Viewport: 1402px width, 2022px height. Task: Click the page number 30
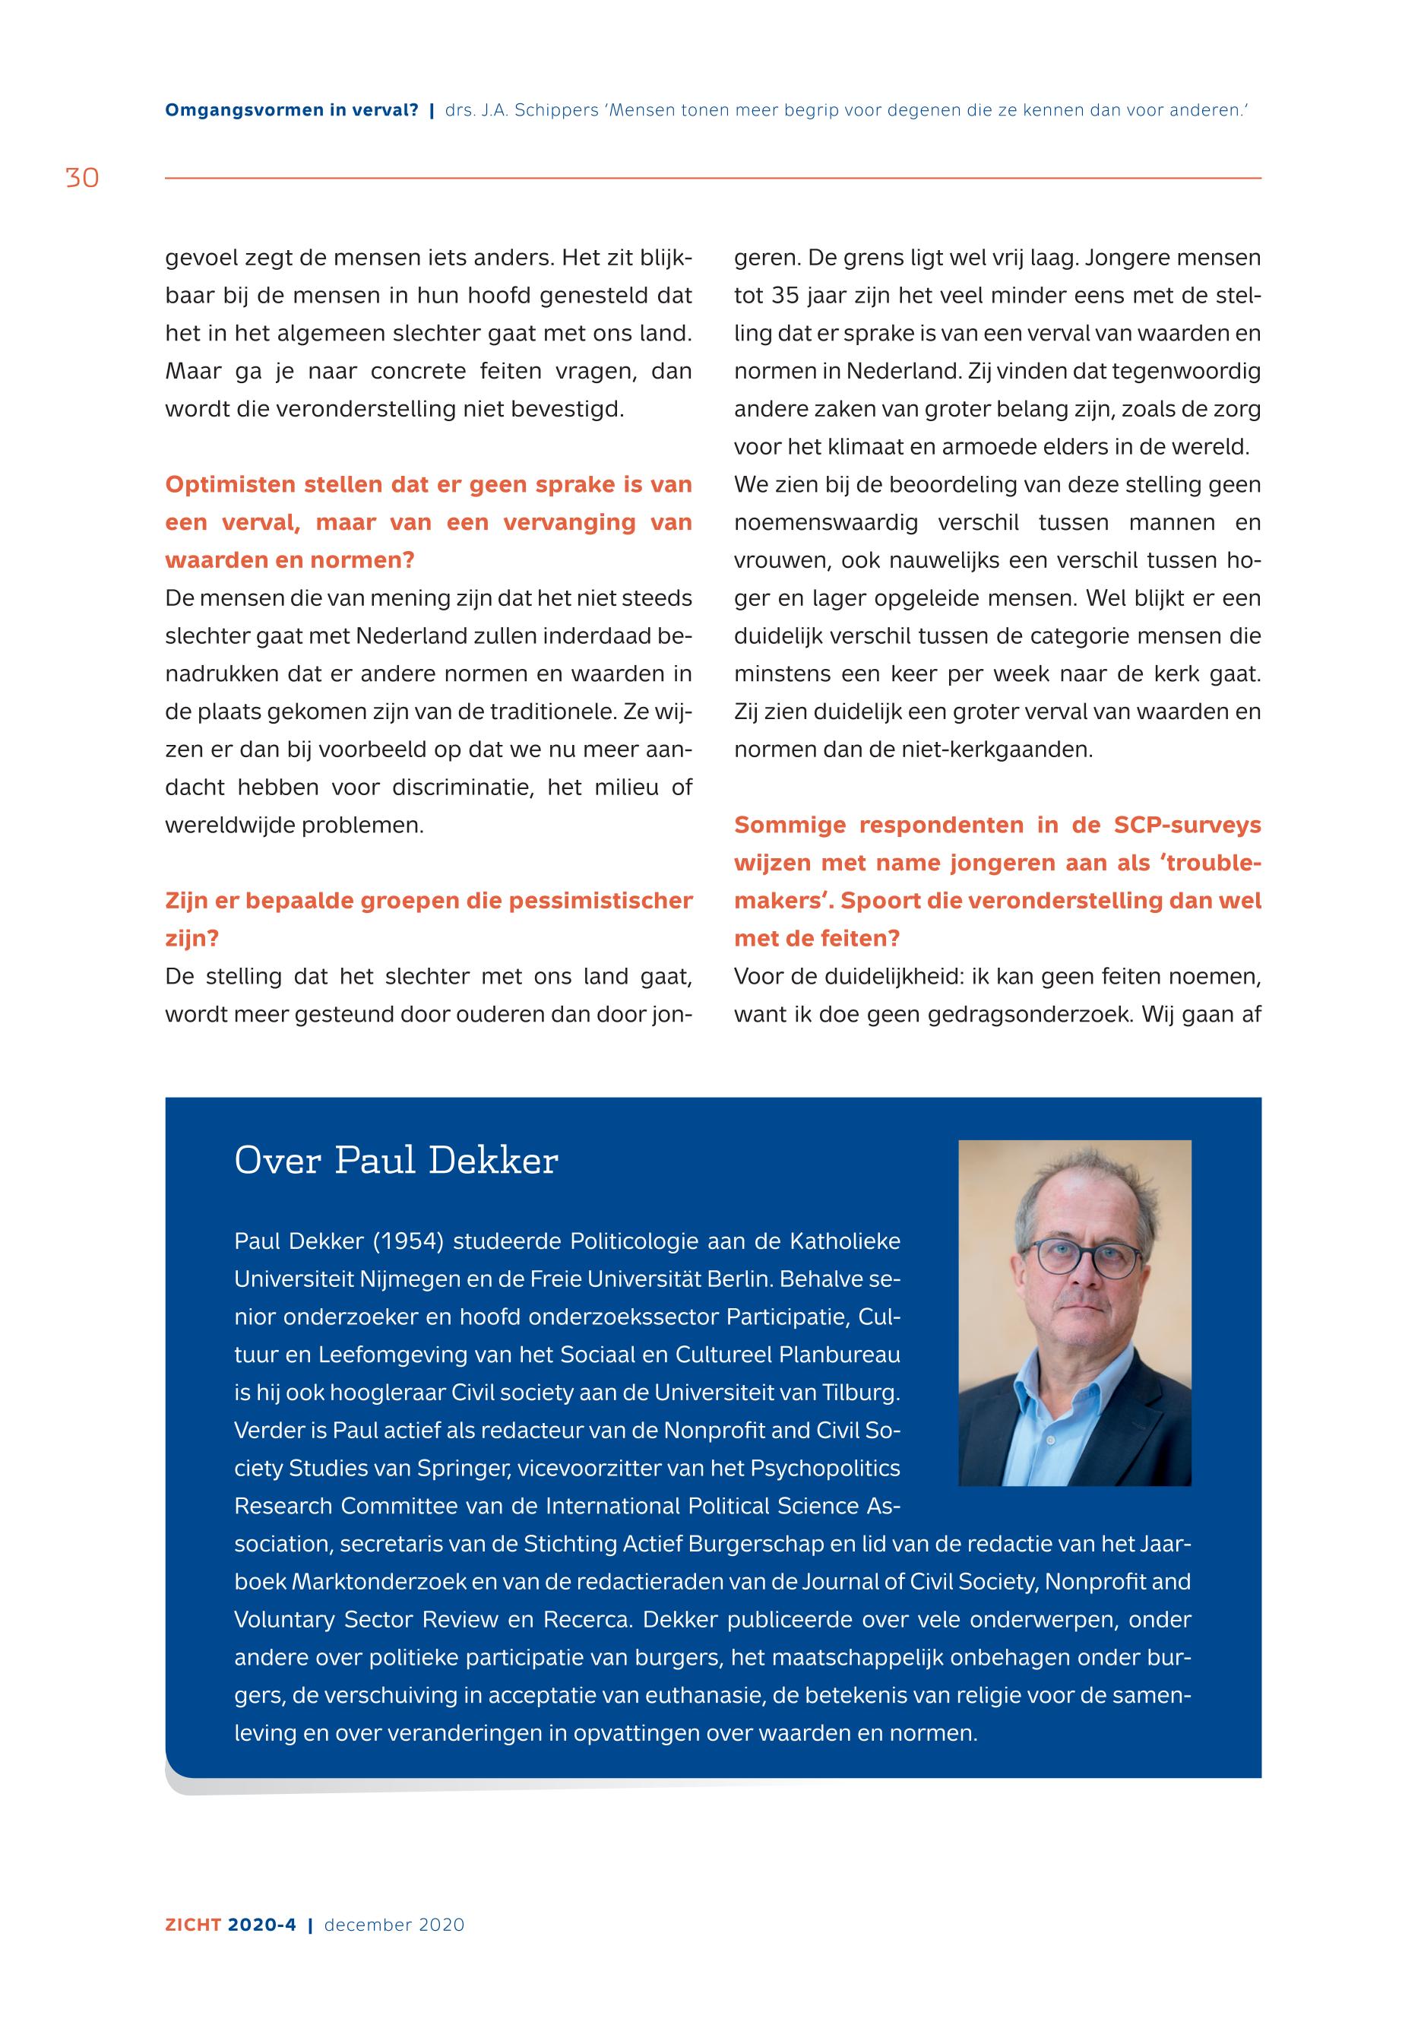[82, 179]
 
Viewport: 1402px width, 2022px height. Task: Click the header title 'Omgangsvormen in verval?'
[292, 111]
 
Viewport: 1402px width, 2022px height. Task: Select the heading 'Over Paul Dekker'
[396, 1161]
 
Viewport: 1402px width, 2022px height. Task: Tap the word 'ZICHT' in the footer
[193, 1925]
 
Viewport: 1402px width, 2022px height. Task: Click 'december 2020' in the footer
[394, 1925]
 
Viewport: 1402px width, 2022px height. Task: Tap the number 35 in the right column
[783, 296]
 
